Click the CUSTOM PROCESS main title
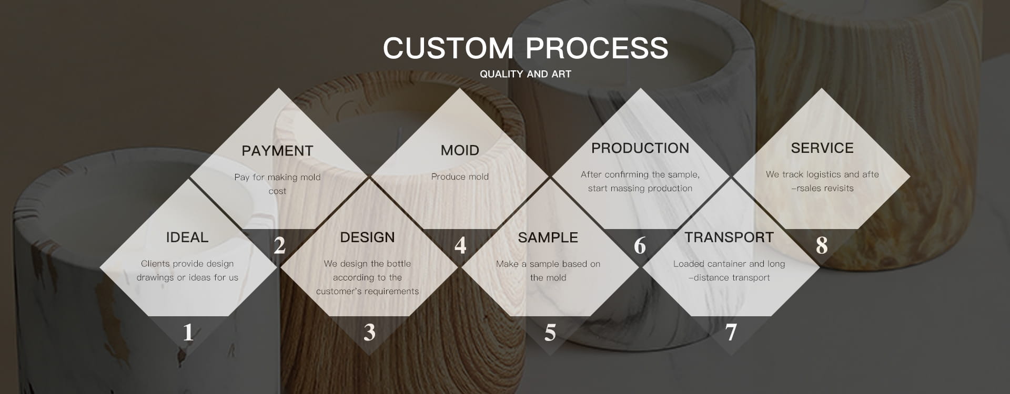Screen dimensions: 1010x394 coord(526,48)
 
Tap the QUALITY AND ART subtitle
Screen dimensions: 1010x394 coord(526,74)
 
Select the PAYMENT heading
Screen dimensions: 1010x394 coord(277,151)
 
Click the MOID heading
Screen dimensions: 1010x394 coord(460,150)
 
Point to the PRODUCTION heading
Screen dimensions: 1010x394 coord(640,148)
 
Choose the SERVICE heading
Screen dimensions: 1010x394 coord(822,148)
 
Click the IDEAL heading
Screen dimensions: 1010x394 coord(187,237)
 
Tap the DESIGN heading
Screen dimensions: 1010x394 coord(367,237)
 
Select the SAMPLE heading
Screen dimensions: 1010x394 coord(548,237)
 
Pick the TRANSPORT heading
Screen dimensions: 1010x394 coord(729,237)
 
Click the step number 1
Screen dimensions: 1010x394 coord(188,332)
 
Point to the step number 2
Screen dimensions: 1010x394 coord(279,245)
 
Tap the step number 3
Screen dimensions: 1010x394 coord(369,332)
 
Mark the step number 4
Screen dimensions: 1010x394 coord(460,245)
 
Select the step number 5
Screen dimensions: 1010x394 coord(550,332)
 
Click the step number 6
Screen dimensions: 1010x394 coord(640,245)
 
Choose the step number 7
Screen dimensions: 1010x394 coord(731,332)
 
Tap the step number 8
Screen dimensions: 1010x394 coord(822,245)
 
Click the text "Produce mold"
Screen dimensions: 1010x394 coord(460,177)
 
